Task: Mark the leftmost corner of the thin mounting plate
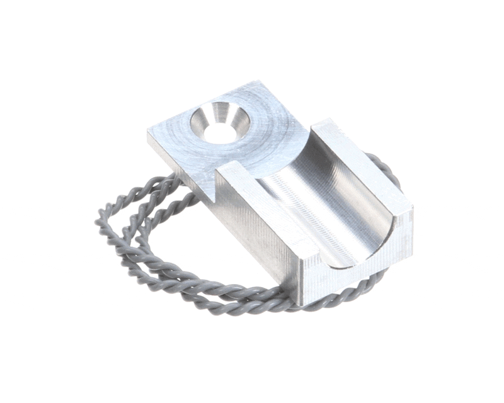pos(149,132)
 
